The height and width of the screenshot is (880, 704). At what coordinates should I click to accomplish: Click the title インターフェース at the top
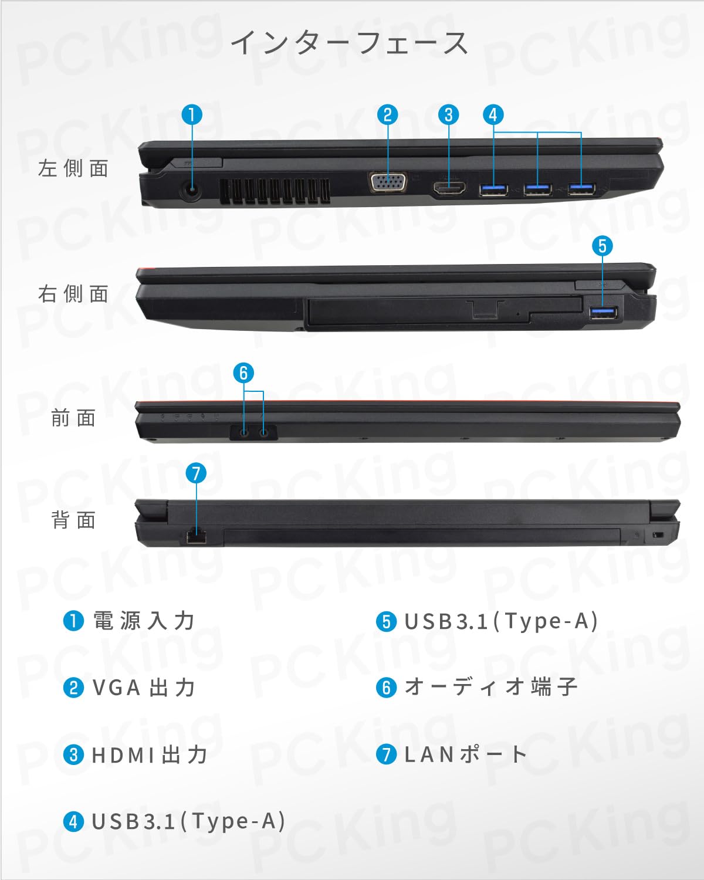click(350, 43)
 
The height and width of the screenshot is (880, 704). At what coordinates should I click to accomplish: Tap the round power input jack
click(189, 189)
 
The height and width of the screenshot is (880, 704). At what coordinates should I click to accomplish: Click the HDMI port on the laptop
click(449, 189)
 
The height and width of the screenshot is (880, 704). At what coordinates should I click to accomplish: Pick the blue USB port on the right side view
click(603, 313)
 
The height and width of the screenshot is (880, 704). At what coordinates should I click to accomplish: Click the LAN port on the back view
click(196, 536)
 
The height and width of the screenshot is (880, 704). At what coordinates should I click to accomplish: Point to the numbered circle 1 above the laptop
click(192, 114)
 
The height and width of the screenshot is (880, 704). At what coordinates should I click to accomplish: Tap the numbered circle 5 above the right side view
click(603, 245)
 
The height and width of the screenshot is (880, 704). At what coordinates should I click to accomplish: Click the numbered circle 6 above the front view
click(243, 373)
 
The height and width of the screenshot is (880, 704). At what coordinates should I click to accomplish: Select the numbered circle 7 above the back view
click(196, 473)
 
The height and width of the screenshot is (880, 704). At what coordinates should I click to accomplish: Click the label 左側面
click(73, 168)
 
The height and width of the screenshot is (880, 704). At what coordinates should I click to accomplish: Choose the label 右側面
click(73, 293)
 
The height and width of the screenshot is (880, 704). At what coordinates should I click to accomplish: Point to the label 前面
click(73, 418)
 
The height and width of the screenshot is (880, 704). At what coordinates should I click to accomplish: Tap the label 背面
click(73, 520)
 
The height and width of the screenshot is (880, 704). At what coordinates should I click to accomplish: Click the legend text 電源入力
click(144, 621)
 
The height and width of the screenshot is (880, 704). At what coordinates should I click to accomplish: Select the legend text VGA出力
click(144, 688)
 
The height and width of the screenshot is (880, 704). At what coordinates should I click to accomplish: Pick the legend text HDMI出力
click(150, 754)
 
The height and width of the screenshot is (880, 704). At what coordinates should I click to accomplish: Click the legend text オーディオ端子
click(491, 687)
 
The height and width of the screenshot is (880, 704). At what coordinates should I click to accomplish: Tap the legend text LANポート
click(466, 754)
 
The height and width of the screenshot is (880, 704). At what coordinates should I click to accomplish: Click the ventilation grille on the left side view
click(274, 192)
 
